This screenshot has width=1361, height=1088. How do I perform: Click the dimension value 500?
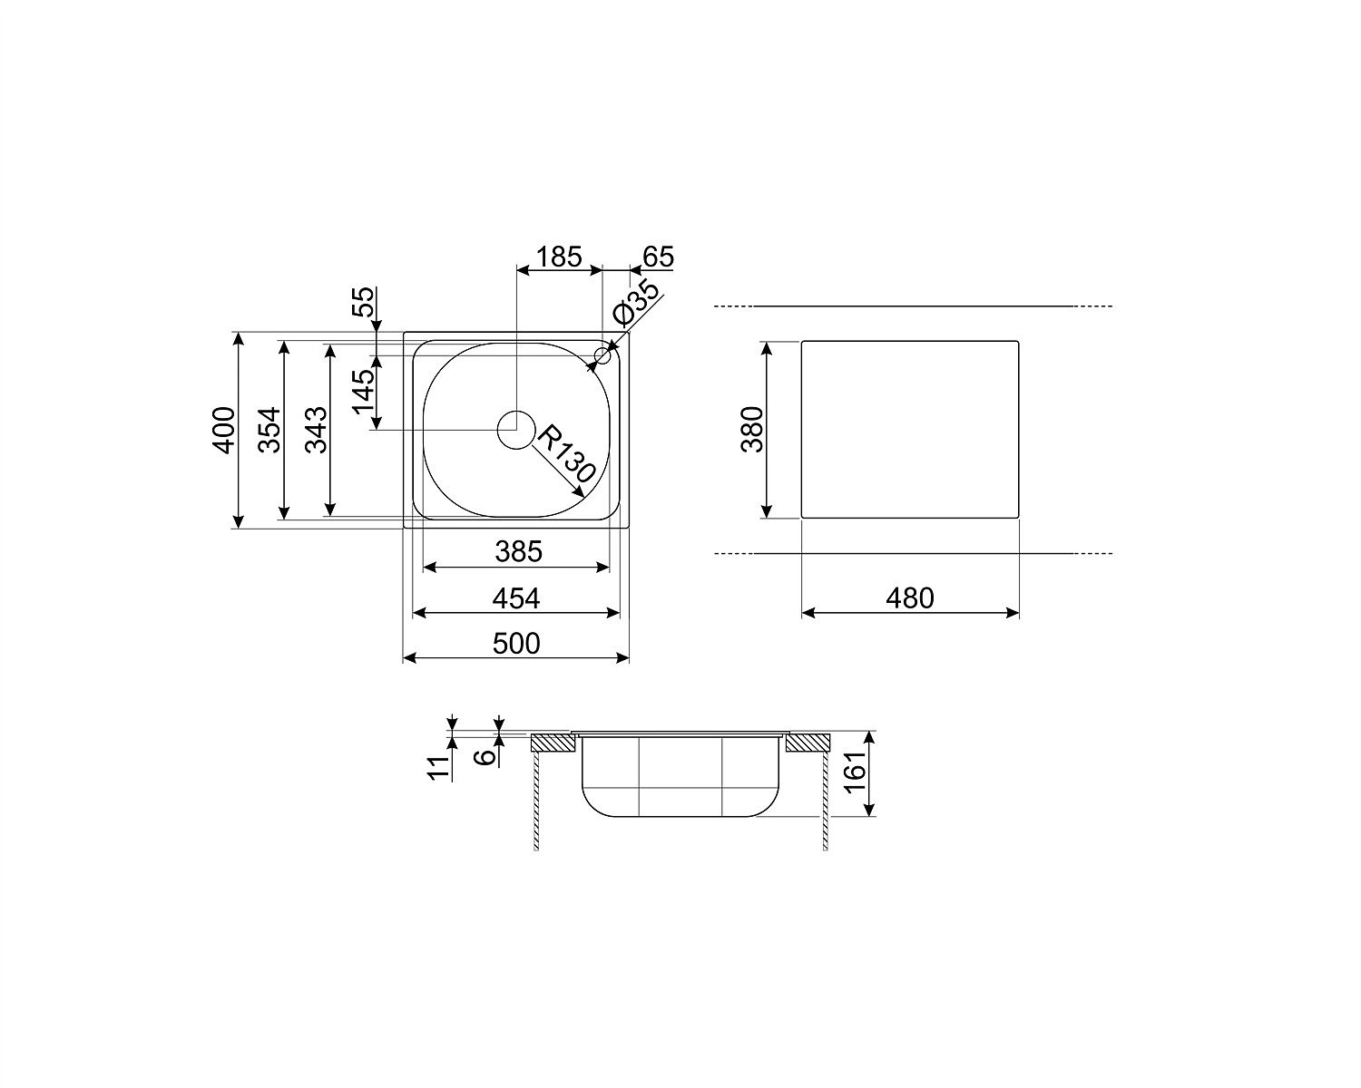click(516, 644)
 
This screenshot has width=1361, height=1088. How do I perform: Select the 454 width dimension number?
click(516, 598)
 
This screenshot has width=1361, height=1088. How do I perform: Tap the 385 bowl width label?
click(518, 552)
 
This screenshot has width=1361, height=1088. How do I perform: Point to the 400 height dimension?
click(223, 430)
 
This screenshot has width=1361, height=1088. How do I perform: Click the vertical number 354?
click(269, 430)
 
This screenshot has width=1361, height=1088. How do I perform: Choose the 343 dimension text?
click(317, 430)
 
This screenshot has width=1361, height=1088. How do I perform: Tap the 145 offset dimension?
click(363, 392)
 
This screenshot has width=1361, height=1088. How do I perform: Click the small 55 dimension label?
click(364, 302)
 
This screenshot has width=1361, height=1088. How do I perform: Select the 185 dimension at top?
click(558, 257)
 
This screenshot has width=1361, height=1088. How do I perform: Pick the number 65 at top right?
click(659, 257)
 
